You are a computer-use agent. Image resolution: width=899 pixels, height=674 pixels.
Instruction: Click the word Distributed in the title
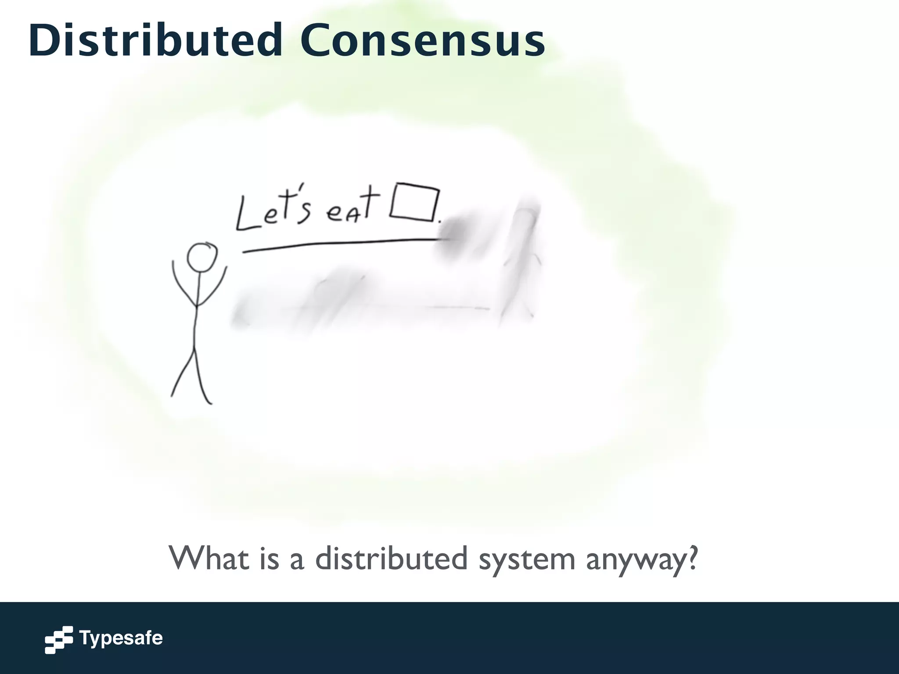point(156,40)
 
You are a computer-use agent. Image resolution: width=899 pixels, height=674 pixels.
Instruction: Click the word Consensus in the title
point(422,40)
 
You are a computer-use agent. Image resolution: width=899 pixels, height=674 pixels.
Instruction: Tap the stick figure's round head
point(202,257)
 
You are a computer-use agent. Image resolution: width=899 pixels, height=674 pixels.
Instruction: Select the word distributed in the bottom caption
point(391,559)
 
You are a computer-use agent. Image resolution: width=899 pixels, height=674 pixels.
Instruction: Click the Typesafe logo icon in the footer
point(59,639)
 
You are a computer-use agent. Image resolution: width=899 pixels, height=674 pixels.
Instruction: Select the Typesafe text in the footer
point(121,638)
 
